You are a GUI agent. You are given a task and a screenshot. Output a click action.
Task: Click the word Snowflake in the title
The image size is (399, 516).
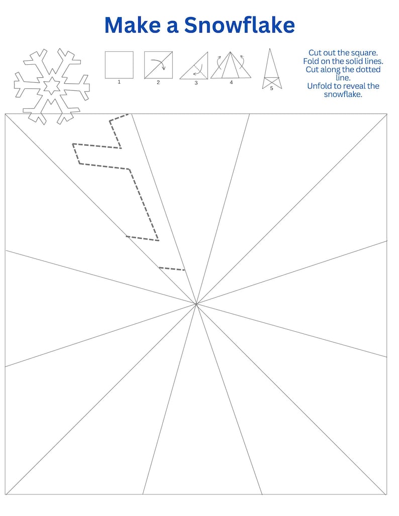point(239,25)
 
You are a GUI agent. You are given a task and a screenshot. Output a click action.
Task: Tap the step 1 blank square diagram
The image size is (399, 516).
point(119,65)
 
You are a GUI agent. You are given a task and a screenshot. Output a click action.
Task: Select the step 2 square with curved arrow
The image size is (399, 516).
point(158,65)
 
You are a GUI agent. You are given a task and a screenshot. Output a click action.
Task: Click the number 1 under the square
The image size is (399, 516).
point(119,82)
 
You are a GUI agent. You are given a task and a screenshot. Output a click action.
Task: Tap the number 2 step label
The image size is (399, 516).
point(158,82)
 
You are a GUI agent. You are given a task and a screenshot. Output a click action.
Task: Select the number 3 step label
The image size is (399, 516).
point(196,83)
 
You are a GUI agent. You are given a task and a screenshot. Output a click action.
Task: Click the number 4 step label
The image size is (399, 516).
point(231,82)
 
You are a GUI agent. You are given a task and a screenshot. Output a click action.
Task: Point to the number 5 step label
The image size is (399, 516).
point(271,88)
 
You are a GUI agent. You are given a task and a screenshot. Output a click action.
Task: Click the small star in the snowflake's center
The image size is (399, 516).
point(51,86)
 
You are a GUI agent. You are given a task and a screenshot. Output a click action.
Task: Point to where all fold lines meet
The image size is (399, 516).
point(196,304)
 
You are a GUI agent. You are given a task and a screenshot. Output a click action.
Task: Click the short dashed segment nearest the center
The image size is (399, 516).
point(172,269)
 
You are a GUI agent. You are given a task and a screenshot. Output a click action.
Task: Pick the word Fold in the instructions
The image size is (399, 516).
point(312,61)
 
